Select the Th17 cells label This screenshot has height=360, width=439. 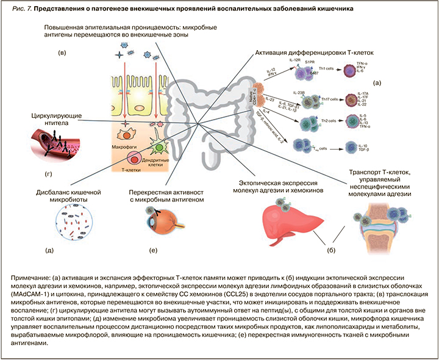point(329,99)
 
